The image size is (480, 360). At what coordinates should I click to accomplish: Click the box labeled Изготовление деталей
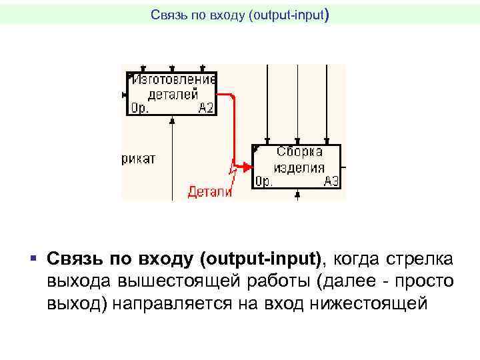[x=171, y=93]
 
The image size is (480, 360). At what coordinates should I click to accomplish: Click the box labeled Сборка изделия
[x=296, y=166]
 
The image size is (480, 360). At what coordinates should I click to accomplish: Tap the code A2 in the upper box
[x=206, y=107]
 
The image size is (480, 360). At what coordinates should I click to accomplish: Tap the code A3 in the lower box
[x=331, y=181]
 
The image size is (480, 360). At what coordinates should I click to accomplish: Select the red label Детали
[x=209, y=192]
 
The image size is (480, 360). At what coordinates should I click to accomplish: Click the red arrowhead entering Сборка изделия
[x=247, y=166]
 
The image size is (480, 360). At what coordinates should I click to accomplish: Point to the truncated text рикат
[x=139, y=159]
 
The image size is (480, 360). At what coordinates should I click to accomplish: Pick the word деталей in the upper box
[x=173, y=93]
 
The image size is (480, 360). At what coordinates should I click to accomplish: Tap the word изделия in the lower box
[x=299, y=167]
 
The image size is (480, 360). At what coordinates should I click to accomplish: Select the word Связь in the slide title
[x=165, y=14]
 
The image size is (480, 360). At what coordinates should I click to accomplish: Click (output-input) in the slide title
[x=288, y=14]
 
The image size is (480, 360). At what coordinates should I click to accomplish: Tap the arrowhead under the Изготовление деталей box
[x=172, y=120]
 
